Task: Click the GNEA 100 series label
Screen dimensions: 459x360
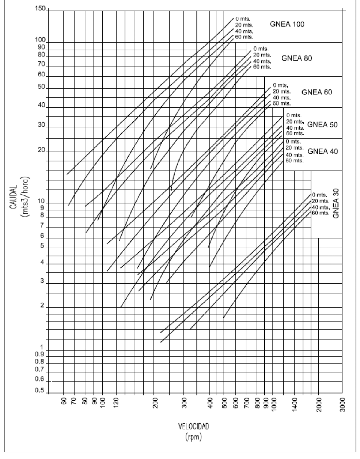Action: (287, 24)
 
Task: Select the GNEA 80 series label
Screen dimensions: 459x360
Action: (296, 58)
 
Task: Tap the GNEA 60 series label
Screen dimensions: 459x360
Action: (317, 92)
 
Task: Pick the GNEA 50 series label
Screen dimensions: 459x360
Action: (322, 125)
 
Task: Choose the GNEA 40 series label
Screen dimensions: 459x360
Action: (323, 151)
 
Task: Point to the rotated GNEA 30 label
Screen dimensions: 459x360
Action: (336, 203)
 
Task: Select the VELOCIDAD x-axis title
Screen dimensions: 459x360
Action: (193, 426)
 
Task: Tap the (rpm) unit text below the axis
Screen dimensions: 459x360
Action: (193, 437)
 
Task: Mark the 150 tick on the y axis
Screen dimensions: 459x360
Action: (41, 9)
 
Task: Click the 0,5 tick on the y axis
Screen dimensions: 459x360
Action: (39, 391)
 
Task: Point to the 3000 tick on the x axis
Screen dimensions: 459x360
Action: (342, 405)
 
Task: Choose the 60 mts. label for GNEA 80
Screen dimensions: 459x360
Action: (262, 67)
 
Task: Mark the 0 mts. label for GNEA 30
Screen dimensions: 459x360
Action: (319, 195)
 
